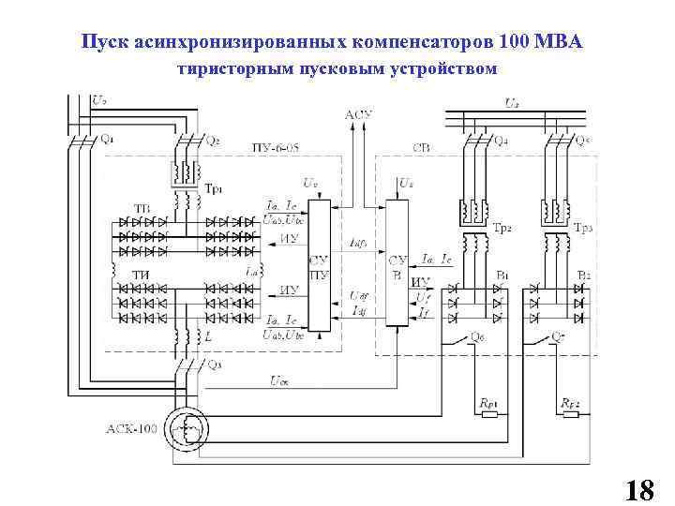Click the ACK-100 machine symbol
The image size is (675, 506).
coord(187,430)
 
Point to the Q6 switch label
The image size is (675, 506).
coord(478,335)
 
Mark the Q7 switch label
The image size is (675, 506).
coord(559,335)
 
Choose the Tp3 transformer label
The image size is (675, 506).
coord(582,228)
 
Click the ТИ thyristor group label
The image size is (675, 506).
coord(141,274)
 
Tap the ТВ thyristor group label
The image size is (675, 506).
coord(142,208)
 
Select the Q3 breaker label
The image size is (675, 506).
coord(214,365)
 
